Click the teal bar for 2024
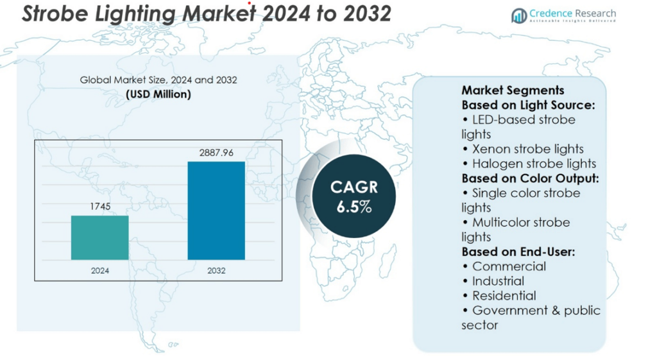(99, 237)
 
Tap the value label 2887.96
(216, 153)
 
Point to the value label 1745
(99, 207)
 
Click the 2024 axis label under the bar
(99, 271)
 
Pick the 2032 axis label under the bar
(216, 271)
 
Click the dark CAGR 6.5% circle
(354, 197)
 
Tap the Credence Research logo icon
(519, 15)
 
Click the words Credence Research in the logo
(572, 13)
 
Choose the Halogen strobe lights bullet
(529, 164)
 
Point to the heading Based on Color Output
(530, 178)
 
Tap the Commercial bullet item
(504, 266)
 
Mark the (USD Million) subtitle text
(158, 94)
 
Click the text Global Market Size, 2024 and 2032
(158, 80)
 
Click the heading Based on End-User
(518, 252)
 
